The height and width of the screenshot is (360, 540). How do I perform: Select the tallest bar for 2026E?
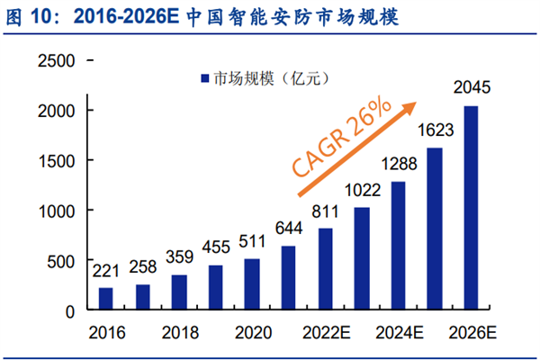pos(471,208)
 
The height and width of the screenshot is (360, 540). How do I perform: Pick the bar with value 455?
pos(215,287)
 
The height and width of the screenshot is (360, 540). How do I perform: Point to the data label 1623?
pos(435,130)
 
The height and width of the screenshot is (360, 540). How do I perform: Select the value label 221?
pos(104,269)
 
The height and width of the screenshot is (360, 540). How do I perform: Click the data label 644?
pos(289,228)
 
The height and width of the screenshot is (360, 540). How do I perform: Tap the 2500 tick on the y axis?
pos(55,61)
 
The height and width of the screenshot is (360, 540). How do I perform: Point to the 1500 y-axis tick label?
pos(55,160)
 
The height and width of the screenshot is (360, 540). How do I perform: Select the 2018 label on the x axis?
pos(179,332)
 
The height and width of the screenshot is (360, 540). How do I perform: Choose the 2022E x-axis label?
pos(325,332)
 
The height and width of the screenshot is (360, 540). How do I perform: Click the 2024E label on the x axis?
pos(399,332)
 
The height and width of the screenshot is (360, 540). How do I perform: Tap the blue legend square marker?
pos(206,79)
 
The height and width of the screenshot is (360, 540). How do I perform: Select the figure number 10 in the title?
pos(42,17)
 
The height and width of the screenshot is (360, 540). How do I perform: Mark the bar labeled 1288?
pos(398,246)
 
